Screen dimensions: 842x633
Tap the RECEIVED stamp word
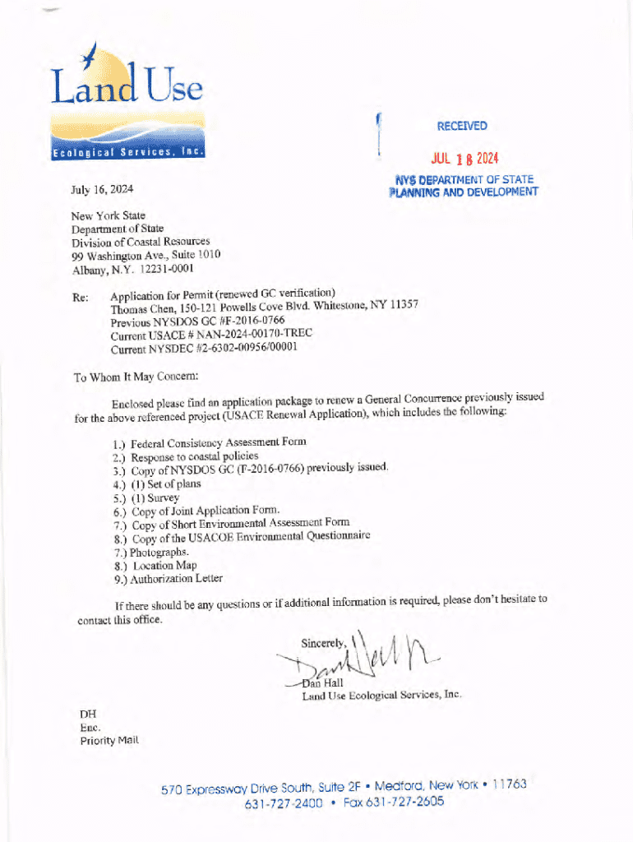462,126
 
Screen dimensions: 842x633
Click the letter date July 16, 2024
102,189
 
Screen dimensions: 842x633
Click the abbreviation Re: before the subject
81,298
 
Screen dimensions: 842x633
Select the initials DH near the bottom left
87,714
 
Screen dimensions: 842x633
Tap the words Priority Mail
109,741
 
